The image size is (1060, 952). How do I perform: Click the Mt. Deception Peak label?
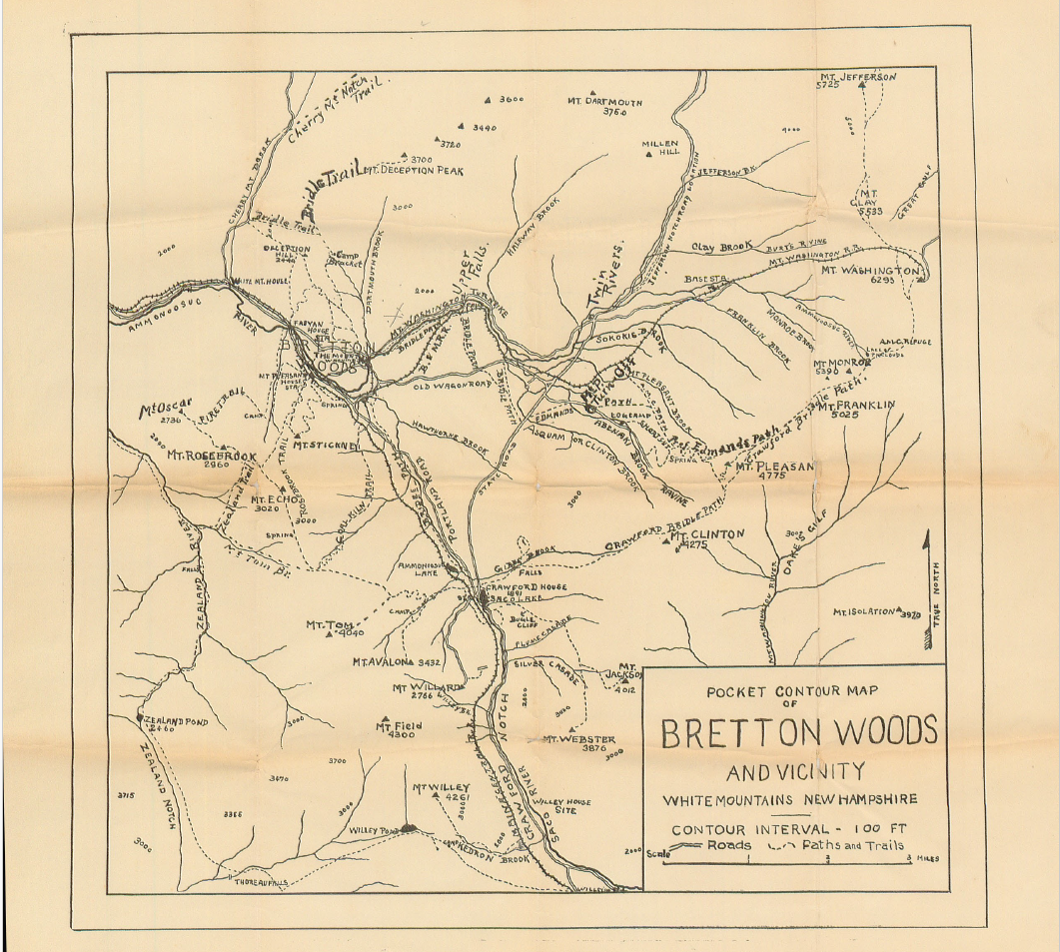point(414,171)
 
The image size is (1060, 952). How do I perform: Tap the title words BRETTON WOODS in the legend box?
point(798,732)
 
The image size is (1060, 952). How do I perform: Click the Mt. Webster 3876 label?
point(579,743)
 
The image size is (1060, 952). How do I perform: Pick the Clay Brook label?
point(719,247)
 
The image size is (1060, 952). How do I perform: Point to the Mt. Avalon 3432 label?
point(396,661)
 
